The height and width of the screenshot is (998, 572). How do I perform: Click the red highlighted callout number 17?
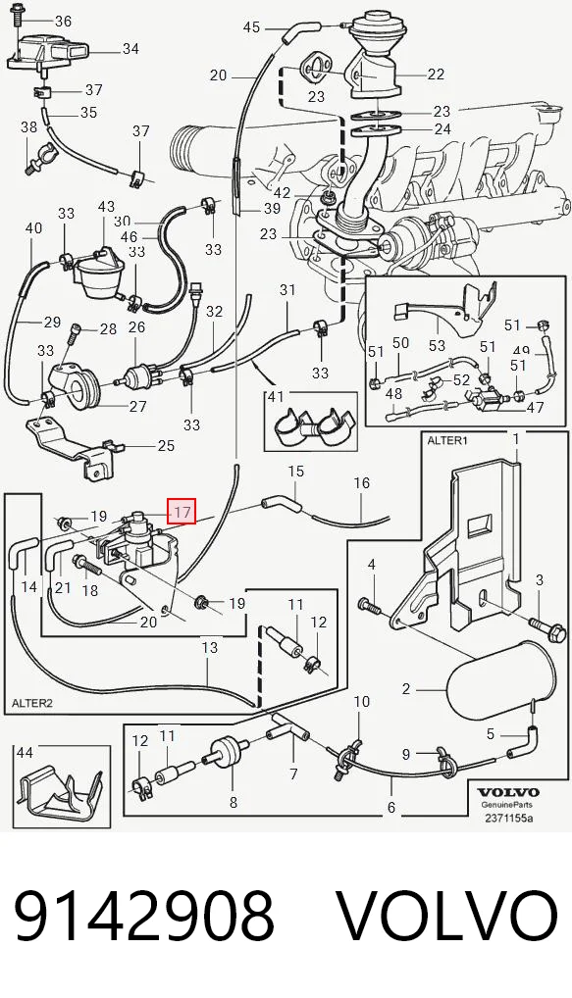click(x=182, y=512)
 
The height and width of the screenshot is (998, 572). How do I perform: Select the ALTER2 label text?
click(x=30, y=703)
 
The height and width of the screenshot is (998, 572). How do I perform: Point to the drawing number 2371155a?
click(x=507, y=818)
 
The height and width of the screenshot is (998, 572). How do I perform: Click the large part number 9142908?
click(x=144, y=916)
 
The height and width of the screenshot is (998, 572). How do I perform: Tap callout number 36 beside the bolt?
click(x=63, y=21)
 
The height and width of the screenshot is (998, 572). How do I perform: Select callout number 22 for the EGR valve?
click(x=436, y=75)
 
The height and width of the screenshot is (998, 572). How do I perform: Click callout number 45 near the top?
click(x=251, y=27)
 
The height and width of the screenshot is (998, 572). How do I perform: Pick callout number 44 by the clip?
click(x=25, y=753)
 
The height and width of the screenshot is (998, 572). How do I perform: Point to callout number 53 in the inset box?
click(x=437, y=346)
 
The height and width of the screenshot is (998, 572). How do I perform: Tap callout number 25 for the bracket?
click(x=166, y=444)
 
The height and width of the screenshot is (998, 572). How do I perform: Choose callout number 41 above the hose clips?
click(x=275, y=396)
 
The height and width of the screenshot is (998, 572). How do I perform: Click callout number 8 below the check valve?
click(x=234, y=803)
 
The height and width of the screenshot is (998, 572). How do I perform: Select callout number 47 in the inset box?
click(x=535, y=408)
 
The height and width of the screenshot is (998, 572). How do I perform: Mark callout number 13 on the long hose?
click(x=209, y=648)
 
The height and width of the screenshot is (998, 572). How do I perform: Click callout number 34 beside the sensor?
click(x=130, y=48)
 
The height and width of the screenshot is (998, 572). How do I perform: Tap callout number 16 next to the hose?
click(x=361, y=483)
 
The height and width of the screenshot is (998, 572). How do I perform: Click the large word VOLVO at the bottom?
click(x=447, y=916)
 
